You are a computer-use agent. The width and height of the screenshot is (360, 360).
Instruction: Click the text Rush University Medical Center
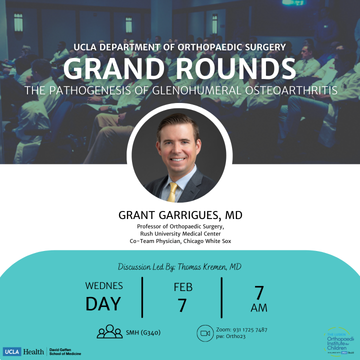178,233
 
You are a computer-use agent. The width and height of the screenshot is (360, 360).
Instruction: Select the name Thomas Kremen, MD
209,267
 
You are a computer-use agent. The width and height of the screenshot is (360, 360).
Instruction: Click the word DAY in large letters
103,303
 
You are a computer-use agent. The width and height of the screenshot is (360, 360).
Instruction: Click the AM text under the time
259,307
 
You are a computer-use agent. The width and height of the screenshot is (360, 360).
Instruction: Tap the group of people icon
109,331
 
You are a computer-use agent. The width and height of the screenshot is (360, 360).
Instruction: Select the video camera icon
205,333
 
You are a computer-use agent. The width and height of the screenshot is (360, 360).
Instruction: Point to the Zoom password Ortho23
235,336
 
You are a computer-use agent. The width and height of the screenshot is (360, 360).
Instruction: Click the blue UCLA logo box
12,351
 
